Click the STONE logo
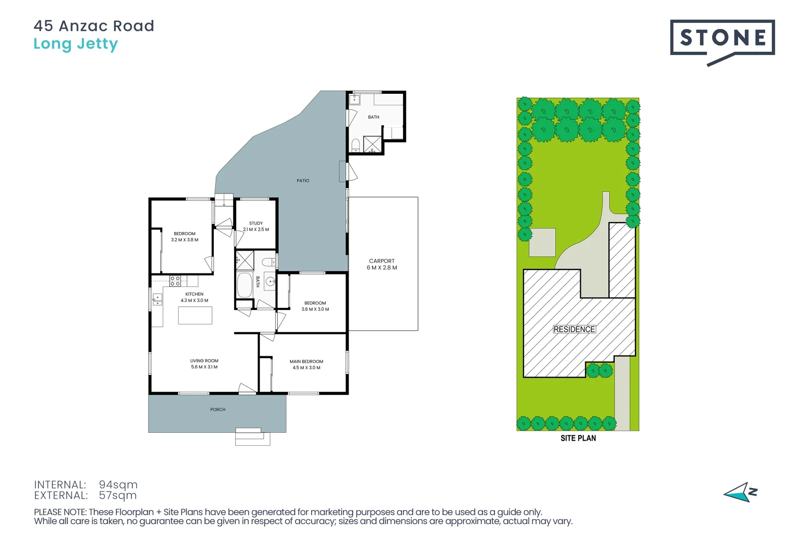pos(722,38)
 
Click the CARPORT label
pos(382,261)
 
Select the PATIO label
pos(303,181)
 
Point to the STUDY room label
pos(256,224)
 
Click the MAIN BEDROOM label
pos(306,362)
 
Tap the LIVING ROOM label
pos(204,361)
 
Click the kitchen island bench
pos(195,315)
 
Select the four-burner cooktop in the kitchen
pos(175,281)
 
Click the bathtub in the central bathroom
pos(244,285)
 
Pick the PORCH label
pos(218,410)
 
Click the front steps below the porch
pos(252,437)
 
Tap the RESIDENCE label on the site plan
pos(574,329)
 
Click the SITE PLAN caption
pos(578,438)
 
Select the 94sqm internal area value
pos(118,485)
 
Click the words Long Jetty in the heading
pos(75,44)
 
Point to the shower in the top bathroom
pos(372,144)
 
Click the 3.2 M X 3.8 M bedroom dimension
pos(184,240)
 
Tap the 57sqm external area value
pos(117,496)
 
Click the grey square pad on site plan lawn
pos(542,243)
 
